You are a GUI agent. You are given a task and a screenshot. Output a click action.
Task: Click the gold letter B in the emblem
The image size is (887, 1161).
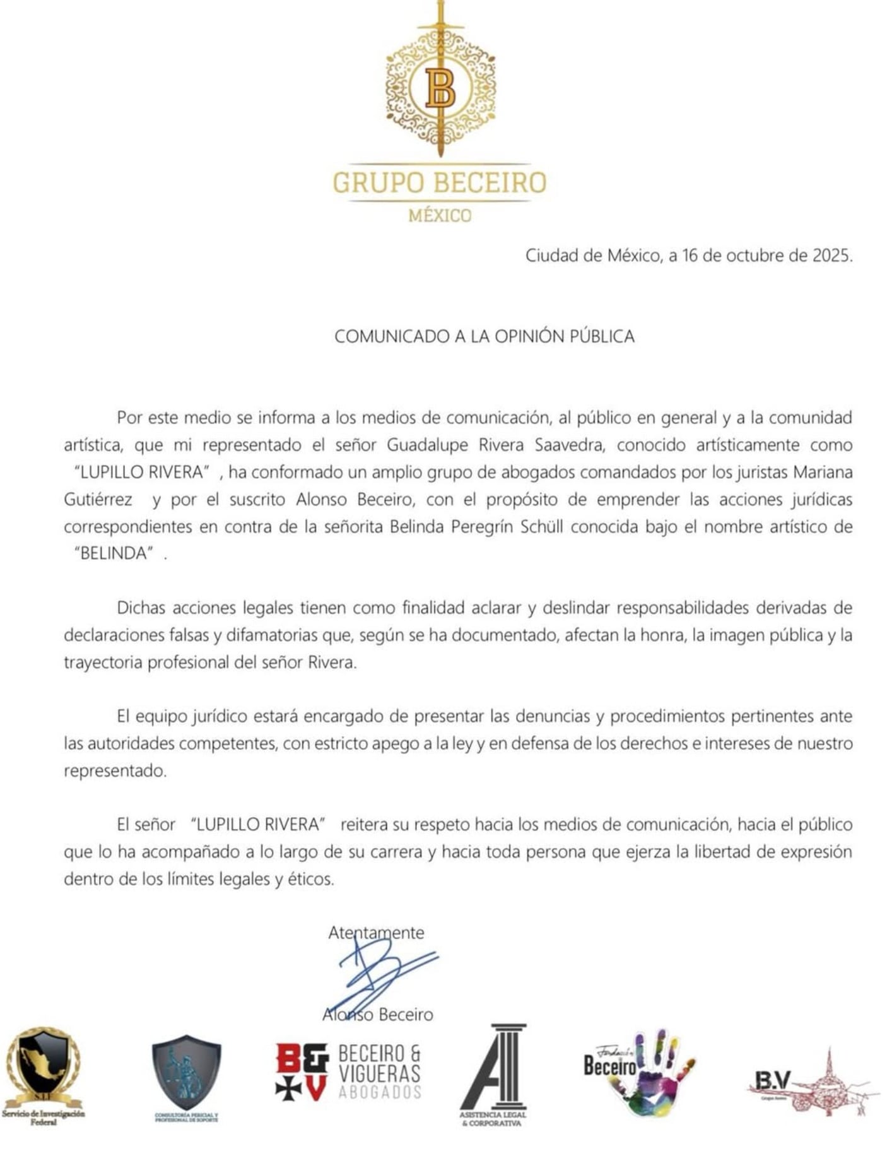click(x=440, y=88)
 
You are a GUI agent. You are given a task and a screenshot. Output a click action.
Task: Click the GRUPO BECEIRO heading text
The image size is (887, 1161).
click(x=440, y=182)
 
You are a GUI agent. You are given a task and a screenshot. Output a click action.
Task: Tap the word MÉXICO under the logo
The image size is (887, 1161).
click(x=440, y=216)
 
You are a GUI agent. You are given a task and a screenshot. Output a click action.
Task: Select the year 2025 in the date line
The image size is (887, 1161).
click(x=831, y=256)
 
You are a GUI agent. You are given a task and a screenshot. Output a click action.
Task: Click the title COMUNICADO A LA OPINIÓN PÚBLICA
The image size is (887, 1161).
click(x=484, y=336)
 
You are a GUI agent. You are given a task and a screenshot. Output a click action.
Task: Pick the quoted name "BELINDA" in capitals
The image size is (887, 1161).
click(x=114, y=553)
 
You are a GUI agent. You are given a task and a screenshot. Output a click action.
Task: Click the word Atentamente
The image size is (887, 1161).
click(x=376, y=933)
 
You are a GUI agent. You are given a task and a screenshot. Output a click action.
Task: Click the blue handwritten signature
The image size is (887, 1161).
click(x=379, y=972)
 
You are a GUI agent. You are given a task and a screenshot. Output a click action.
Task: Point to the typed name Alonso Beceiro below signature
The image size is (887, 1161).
click(x=378, y=1015)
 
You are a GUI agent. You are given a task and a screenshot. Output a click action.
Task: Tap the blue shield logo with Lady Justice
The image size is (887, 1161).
click(x=186, y=1073)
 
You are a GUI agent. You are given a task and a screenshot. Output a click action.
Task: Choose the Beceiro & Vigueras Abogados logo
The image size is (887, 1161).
click(x=348, y=1072)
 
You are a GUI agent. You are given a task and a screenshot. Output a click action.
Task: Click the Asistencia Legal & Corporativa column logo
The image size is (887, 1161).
click(x=493, y=1073)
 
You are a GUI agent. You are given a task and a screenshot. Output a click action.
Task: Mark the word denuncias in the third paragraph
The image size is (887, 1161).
click(x=552, y=716)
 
